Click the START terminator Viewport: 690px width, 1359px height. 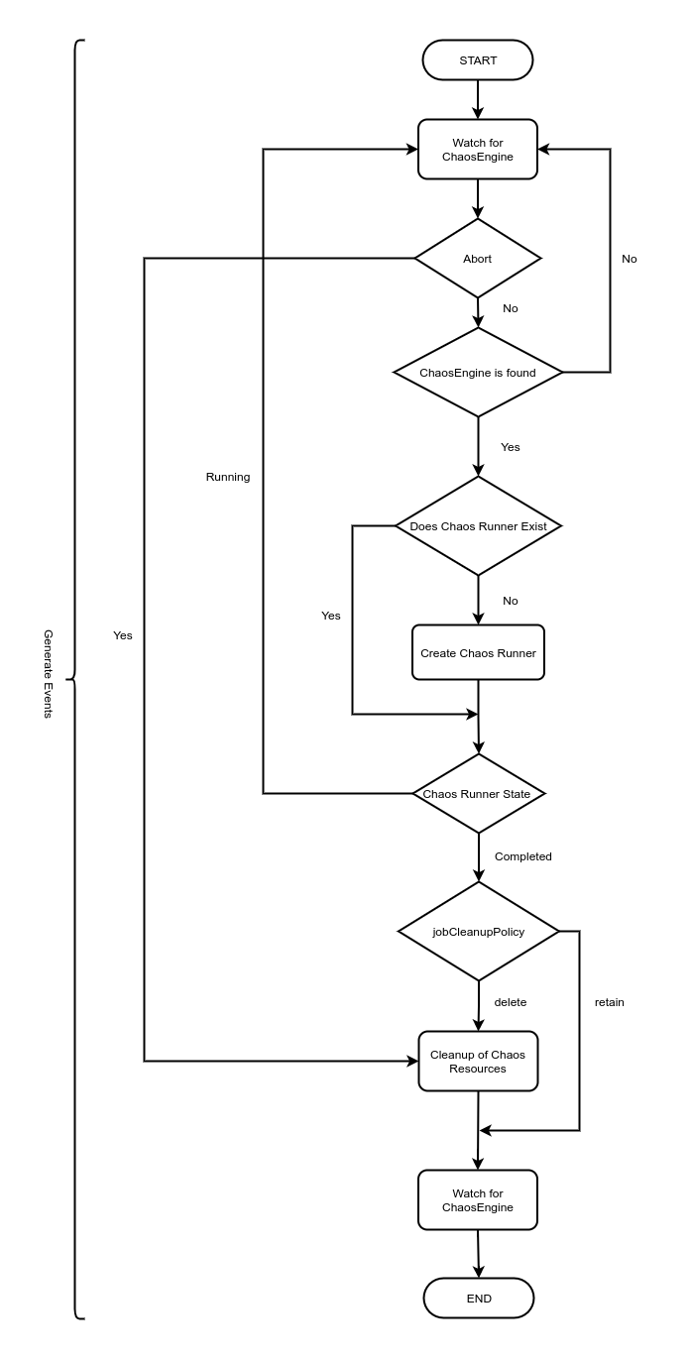[478, 60]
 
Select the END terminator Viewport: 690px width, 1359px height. [478, 1299]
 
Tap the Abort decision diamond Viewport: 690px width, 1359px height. [478, 259]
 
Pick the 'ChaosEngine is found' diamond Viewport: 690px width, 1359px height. [478, 373]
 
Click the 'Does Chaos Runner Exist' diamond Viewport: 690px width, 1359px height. [478, 526]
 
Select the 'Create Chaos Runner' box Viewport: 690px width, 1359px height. [478, 653]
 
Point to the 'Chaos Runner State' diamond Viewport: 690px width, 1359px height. [478, 794]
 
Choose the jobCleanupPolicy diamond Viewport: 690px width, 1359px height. [478, 932]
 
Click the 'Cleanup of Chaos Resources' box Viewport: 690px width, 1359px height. [478, 1062]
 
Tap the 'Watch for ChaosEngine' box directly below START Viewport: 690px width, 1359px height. [478, 150]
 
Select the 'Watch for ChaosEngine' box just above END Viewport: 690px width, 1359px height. [478, 1200]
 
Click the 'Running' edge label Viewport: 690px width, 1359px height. [228, 477]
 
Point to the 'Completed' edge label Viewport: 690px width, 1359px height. [522, 856]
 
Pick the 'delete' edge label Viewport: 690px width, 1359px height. [511, 1002]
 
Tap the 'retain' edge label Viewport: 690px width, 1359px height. [610, 1002]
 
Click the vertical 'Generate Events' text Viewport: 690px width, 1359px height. [48, 673]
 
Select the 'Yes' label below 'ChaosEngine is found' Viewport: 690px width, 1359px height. [511, 447]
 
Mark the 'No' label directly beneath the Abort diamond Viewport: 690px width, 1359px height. [511, 308]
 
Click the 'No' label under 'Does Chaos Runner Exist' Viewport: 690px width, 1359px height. [511, 601]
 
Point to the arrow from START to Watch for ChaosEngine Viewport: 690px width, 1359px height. [478, 99]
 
